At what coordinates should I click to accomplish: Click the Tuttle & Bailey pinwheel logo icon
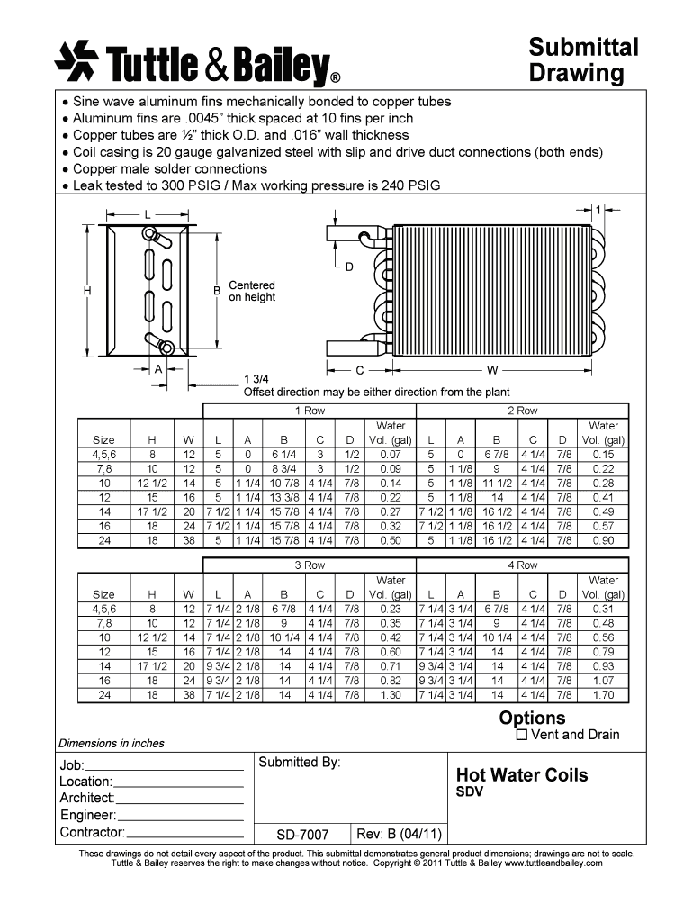pyautogui.click(x=76, y=59)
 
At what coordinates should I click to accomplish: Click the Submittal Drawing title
pyautogui.click(x=582, y=59)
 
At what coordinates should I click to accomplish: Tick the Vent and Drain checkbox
pyautogui.click(x=522, y=735)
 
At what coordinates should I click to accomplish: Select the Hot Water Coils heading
pyautogui.click(x=522, y=775)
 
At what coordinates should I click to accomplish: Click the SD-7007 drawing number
pyautogui.click(x=302, y=834)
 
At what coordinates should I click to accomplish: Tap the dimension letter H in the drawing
pyautogui.click(x=87, y=291)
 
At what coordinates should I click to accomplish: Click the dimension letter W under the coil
pyautogui.click(x=492, y=370)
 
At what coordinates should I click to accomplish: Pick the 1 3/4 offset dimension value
pyautogui.click(x=256, y=379)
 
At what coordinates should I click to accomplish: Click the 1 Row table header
pyautogui.click(x=310, y=411)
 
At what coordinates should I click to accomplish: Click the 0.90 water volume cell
pyautogui.click(x=603, y=541)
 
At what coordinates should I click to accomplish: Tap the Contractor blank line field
pyautogui.click(x=184, y=833)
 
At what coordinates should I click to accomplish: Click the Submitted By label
pyautogui.click(x=300, y=763)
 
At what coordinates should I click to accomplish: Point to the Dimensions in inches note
pyautogui.click(x=112, y=743)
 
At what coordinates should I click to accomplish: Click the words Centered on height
pyautogui.click(x=252, y=291)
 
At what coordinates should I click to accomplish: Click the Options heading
pyautogui.click(x=532, y=718)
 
